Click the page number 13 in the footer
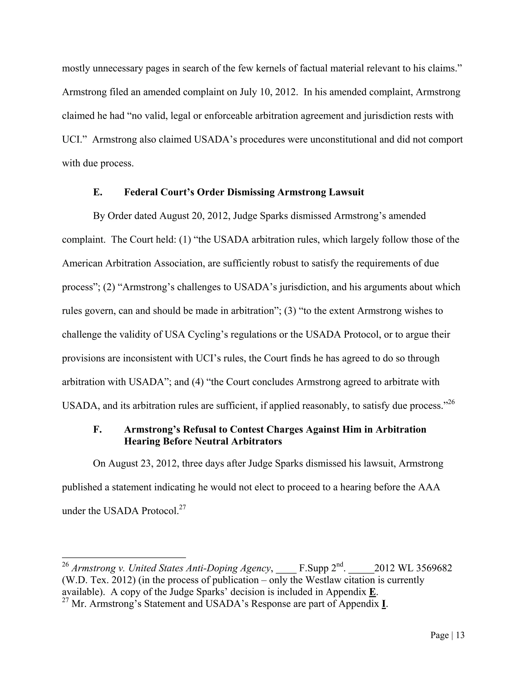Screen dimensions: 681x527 (460, 635)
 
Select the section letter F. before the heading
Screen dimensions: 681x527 (97, 429)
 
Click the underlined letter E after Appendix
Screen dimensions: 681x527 (372, 592)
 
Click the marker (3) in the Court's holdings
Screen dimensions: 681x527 (290, 311)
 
